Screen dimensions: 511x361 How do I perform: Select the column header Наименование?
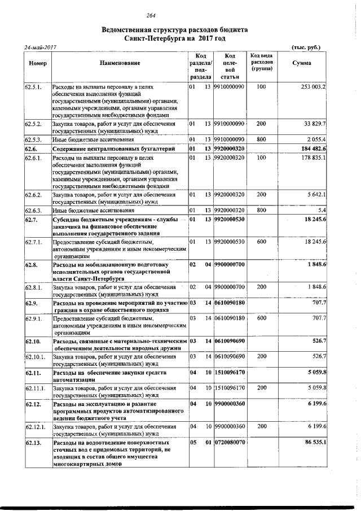(120, 63)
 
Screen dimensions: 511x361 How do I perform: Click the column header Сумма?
(302, 63)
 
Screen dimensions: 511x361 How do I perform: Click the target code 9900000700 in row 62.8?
(229, 264)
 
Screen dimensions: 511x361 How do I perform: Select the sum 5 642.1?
(317, 195)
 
